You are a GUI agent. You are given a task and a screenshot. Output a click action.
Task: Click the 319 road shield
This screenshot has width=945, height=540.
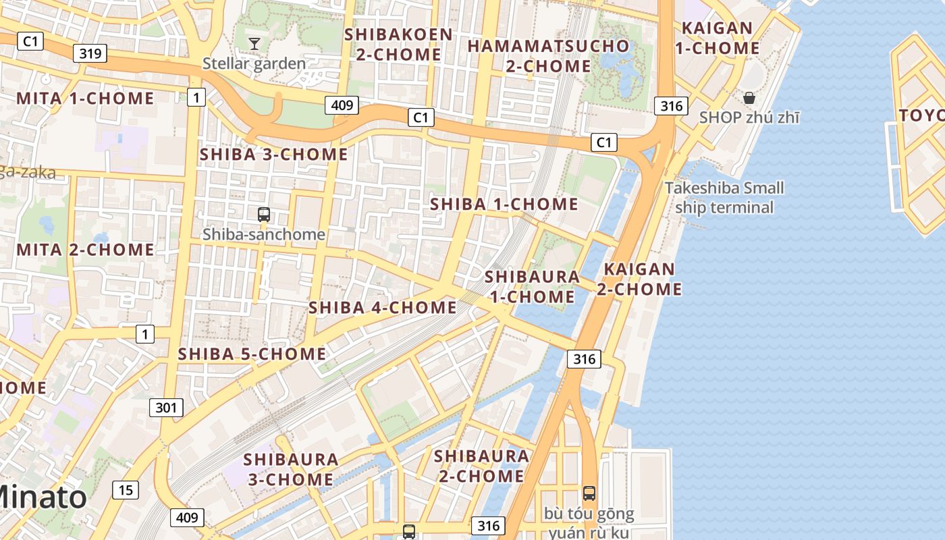pos(90,53)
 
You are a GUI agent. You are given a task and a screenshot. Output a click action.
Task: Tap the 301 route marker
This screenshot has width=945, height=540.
pos(165,407)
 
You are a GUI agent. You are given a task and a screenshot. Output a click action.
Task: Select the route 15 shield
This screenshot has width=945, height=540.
pos(126,490)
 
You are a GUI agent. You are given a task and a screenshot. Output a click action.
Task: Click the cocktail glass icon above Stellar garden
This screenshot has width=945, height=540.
pos(254,44)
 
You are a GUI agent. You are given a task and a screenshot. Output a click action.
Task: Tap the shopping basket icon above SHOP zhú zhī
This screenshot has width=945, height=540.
pos(749,98)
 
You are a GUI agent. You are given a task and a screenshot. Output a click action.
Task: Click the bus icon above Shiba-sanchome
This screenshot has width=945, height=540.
pos(263,215)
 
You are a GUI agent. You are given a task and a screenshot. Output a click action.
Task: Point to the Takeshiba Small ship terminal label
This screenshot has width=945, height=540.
pos(724,197)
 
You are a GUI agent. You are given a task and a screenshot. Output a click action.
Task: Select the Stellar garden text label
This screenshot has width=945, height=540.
pos(254,64)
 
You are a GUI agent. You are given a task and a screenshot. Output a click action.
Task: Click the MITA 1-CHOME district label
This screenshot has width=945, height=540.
pos(85,99)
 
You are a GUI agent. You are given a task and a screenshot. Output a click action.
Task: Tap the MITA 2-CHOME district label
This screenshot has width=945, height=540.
pos(80,250)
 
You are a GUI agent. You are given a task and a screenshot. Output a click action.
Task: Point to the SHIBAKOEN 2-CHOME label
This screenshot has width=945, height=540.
pos(398,45)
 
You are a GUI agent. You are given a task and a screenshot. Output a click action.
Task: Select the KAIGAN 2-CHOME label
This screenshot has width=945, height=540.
pos(639,279)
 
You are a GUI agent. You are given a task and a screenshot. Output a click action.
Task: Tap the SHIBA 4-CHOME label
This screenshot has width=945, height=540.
pos(382,308)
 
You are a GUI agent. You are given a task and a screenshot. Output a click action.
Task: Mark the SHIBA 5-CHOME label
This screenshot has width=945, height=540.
pos(252,354)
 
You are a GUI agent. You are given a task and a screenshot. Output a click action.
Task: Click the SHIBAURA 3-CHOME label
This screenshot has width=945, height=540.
pos(290,469)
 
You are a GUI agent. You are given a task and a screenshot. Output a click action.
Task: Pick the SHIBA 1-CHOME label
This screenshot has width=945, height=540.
pos(504,204)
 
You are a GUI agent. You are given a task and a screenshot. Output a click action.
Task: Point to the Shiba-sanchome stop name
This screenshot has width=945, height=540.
pos(264,235)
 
